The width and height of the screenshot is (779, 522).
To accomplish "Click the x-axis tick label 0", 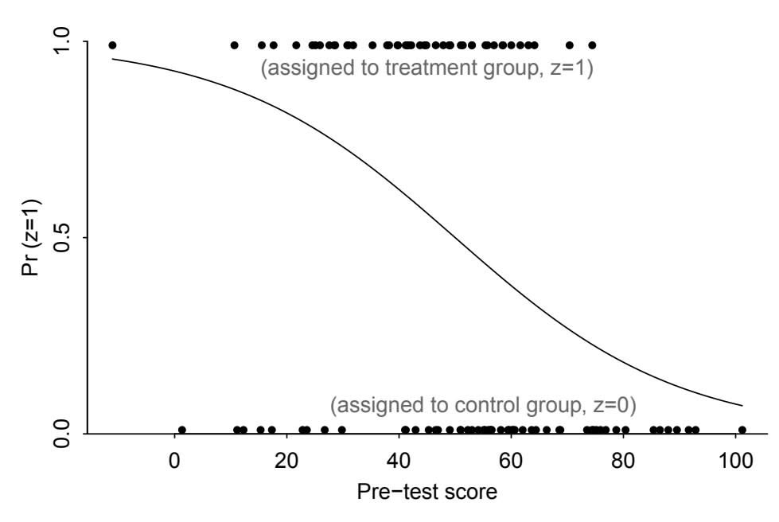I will tap(174, 462).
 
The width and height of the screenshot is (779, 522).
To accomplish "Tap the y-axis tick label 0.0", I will tap(63, 433).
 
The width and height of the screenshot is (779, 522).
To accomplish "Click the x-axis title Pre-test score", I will tap(427, 492).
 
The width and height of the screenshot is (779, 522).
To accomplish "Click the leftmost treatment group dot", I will tap(112, 45).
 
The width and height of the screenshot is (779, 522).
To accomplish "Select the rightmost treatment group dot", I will tap(592, 45).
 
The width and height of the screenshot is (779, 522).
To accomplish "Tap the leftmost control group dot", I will tap(182, 430).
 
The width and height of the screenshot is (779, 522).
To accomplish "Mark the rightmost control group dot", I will tap(742, 430).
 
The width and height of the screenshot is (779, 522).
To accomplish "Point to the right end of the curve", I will tap(742, 405).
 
